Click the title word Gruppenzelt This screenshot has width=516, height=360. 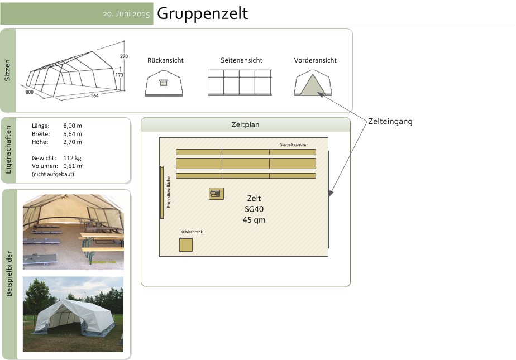[x=202, y=14]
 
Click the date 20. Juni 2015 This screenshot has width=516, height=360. [x=126, y=14]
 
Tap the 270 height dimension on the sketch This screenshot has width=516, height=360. [x=124, y=56]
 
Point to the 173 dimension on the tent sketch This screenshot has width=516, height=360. [x=119, y=75]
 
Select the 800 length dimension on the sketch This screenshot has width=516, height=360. [x=29, y=92]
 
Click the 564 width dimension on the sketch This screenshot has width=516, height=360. [x=95, y=95]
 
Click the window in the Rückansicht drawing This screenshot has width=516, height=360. [x=164, y=82]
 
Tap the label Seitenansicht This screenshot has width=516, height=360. [x=242, y=60]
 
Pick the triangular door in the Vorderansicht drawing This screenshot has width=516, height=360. [x=313, y=85]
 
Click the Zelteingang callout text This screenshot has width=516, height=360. [x=390, y=121]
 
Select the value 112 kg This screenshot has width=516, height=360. [x=73, y=158]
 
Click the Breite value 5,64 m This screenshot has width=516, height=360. [x=73, y=134]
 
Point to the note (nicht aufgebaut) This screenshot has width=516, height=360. [x=53, y=174]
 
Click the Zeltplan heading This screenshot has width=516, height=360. [x=246, y=124]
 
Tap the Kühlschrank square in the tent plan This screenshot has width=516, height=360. [x=186, y=245]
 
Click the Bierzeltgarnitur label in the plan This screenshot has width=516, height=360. [x=294, y=145]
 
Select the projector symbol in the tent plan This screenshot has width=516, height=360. [x=216, y=193]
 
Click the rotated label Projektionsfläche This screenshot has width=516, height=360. [x=169, y=192]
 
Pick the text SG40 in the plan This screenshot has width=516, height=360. [x=254, y=209]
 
